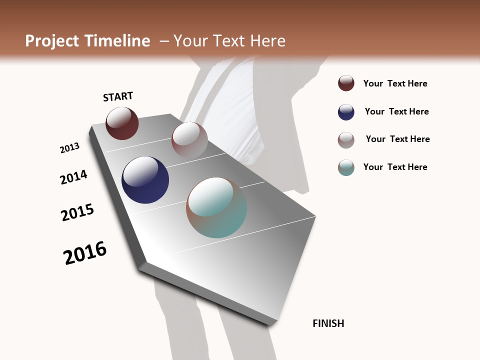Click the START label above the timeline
tap(118, 96)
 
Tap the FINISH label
tap(328, 323)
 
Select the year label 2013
tap(70, 148)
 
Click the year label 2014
tap(73, 177)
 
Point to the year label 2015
tap(77, 212)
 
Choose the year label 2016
tap(85, 253)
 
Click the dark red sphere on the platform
tap(122, 123)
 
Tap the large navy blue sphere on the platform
tap(145, 180)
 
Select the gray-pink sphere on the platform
tap(189, 139)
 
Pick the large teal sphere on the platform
tap(216, 207)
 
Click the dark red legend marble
tap(346, 83)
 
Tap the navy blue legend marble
tap(346, 112)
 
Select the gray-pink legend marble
tap(346, 140)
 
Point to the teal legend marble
tap(346, 167)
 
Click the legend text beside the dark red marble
tap(395, 83)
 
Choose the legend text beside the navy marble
tap(396, 111)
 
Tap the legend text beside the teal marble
tap(395, 167)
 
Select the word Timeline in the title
tap(118, 41)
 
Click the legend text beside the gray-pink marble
tap(397, 139)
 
